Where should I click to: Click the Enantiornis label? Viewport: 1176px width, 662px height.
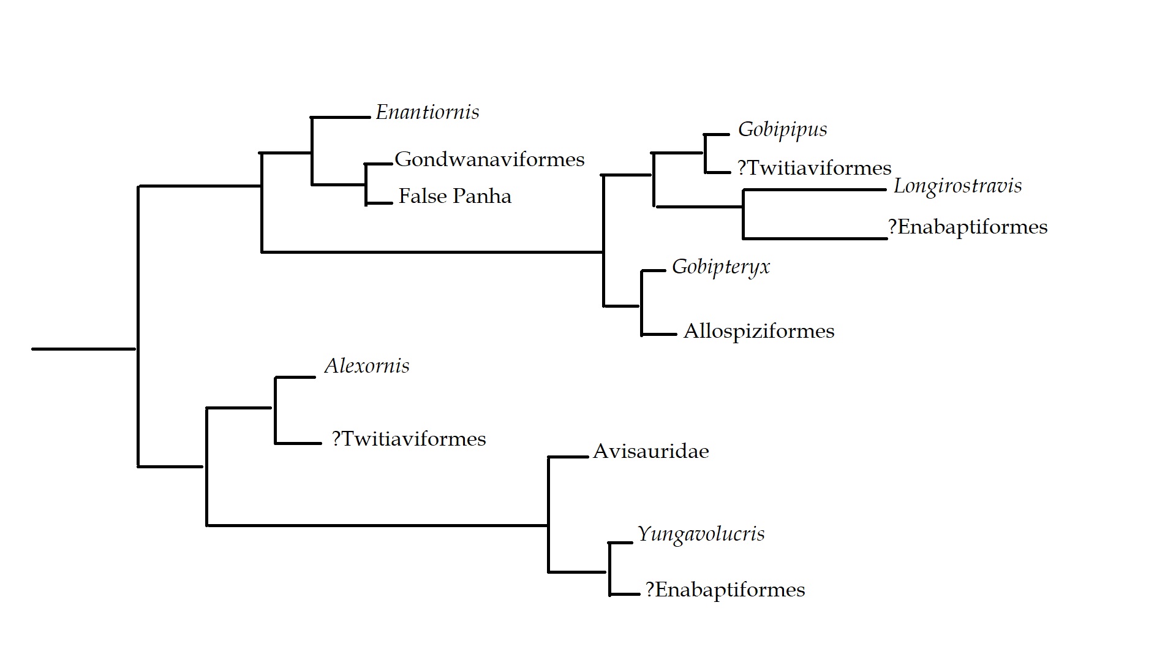click(x=427, y=112)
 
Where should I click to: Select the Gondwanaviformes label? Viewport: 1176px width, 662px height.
click(x=489, y=159)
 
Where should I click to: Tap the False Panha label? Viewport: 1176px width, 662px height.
click(x=454, y=196)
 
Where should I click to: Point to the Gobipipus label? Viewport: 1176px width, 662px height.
click(x=782, y=130)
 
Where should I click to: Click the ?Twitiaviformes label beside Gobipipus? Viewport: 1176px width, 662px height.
click(x=814, y=168)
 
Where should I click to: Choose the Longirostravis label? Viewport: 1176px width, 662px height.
click(x=957, y=186)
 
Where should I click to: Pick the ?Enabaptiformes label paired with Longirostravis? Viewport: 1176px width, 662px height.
click(x=968, y=227)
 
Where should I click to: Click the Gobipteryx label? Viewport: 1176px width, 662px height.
click(x=720, y=267)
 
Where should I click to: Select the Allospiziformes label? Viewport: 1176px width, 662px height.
click(x=759, y=331)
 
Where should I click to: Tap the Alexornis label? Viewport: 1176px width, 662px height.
click(x=367, y=366)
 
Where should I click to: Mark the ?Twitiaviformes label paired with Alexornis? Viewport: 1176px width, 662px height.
click(x=409, y=439)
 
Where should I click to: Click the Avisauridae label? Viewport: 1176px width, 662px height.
click(x=650, y=451)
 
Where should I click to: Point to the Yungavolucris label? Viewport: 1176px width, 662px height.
click(x=701, y=534)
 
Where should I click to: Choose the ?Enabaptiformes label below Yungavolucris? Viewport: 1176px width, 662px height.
click(x=725, y=590)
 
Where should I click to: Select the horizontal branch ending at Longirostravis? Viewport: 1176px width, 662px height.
click(x=815, y=190)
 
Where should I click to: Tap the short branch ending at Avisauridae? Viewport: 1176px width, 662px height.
click(x=568, y=457)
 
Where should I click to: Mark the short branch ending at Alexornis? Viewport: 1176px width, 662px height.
click(x=295, y=377)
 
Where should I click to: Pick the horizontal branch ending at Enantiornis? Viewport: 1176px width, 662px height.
click(x=341, y=116)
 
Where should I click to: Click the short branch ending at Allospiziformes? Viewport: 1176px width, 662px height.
click(x=659, y=335)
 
